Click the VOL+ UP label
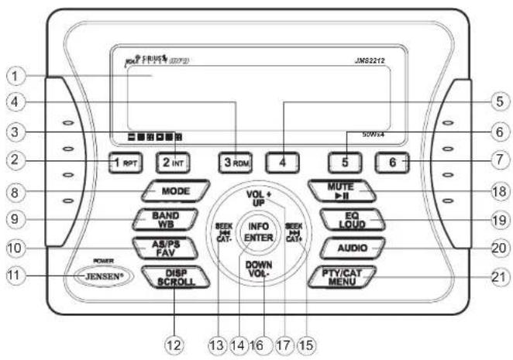tap(259, 195)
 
